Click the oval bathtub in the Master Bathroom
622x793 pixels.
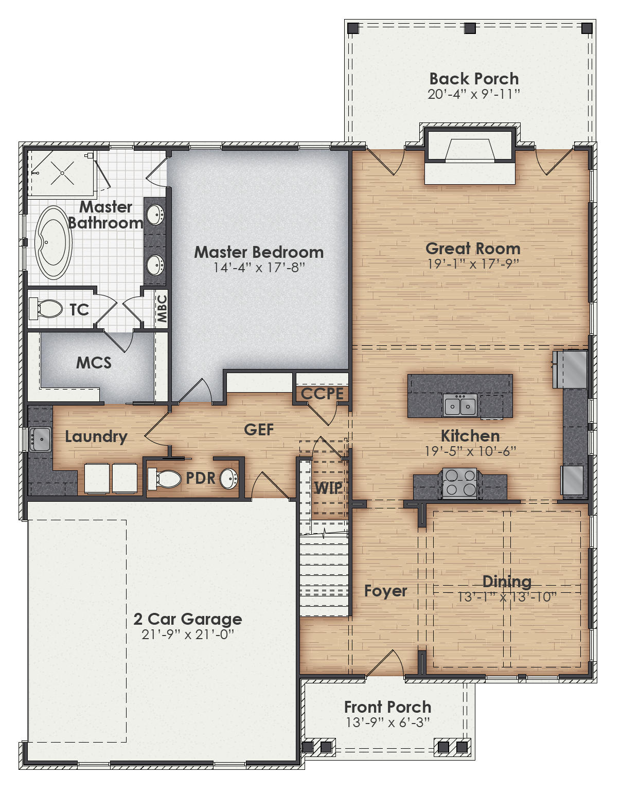point(53,242)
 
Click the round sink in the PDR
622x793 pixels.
point(228,479)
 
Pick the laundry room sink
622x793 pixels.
point(40,439)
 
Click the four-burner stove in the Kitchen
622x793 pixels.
point(459,483)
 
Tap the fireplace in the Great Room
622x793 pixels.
point(469,154)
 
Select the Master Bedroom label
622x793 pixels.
point(259,252)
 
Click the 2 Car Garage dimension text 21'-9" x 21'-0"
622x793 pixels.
point(188,635)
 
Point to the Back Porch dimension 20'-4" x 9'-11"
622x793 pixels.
point(474,94)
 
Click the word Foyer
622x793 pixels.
point(385,591)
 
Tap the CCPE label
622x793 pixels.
point(322,394)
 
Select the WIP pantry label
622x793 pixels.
point(328,487)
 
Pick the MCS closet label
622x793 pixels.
point(94,363)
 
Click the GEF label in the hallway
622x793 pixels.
point(259,429)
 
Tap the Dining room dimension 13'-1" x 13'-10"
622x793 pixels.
point(507,597)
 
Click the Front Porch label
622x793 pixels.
point(387,707)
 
